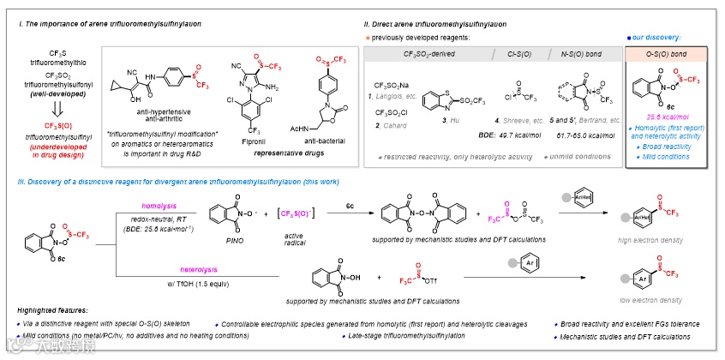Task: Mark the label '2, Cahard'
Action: point(391,125)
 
